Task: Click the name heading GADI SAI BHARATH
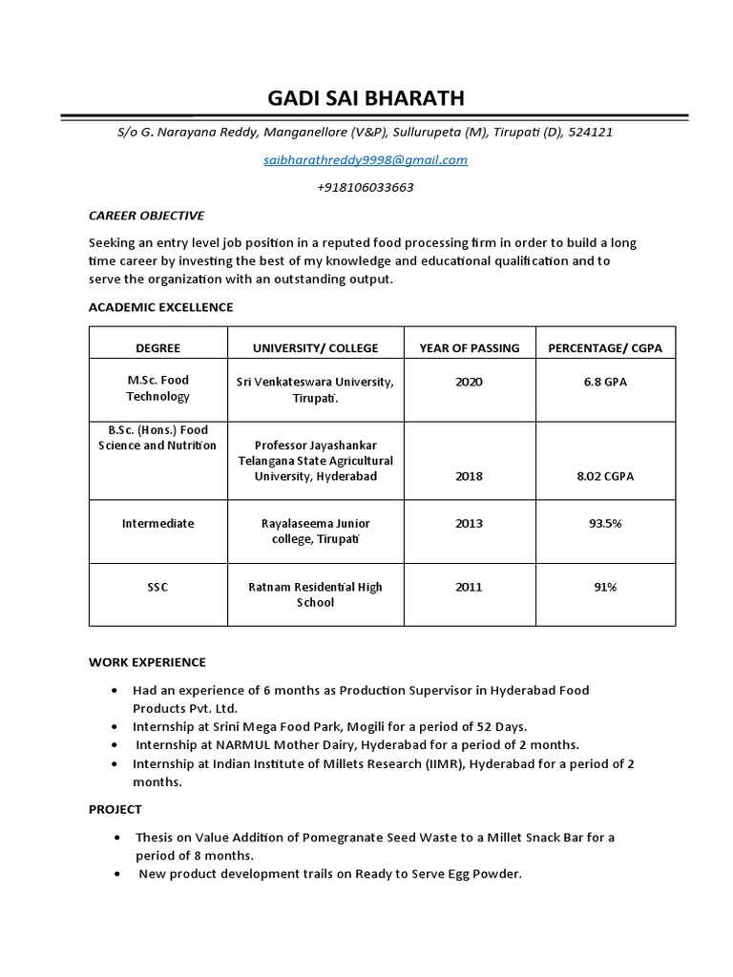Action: [x=366, y=98]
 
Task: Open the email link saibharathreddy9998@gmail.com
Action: [x=366, y=160]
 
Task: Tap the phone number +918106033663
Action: [x=366, y=187]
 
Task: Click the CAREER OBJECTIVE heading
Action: [x=146, y=216]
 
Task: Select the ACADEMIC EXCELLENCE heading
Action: [x=160, y=307]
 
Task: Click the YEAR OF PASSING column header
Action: [x=469, y=348]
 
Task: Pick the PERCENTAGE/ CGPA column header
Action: [x=604, y=348]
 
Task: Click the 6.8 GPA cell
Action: [x=604, y=382]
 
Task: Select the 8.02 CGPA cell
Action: [x=604, y=476]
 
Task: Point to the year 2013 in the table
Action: [x=469, y=524]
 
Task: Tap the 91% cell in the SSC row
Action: [x=604, y=587]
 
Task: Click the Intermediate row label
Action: [x=157, y=524]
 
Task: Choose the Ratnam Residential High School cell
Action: [x=315, y=594]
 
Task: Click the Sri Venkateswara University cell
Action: [x=315, y=389]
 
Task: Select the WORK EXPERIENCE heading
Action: [x=147, y=662]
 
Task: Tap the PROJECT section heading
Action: [x=115, y=809]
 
